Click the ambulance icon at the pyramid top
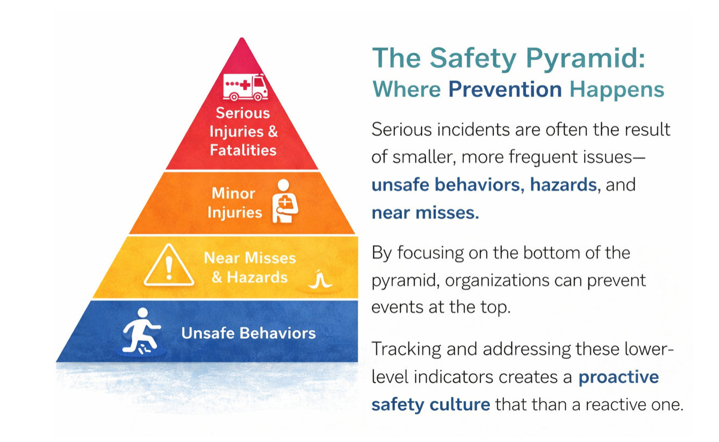pyautogui.click(x=245, y=87)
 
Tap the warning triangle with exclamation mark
pyautogui.click(x=169, y=266)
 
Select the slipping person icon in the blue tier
pyautogui.click(x=141, y=331)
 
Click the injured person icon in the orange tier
pyautogui.click(x=284, y=202)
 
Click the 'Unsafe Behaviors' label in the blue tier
pyautogui.click(x=248, y=333)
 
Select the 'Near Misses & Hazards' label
pyautogui.click(x=249, y=267)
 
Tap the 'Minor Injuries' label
pyautogui.click(x=234, y=203)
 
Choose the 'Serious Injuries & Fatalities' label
pyautogui.click(x=243, y=131)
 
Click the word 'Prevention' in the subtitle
pyautogui.click(x=505, y=89)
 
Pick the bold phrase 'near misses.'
pyautogui.click(x=425, y=213)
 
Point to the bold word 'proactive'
pyautogui.click(x=618, y=376)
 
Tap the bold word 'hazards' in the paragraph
pyautogui.click(x=563, y=184)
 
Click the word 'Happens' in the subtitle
pyautogui.click(x=616, y=89)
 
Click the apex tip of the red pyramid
pyautogui.click(x=242, y=40)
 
